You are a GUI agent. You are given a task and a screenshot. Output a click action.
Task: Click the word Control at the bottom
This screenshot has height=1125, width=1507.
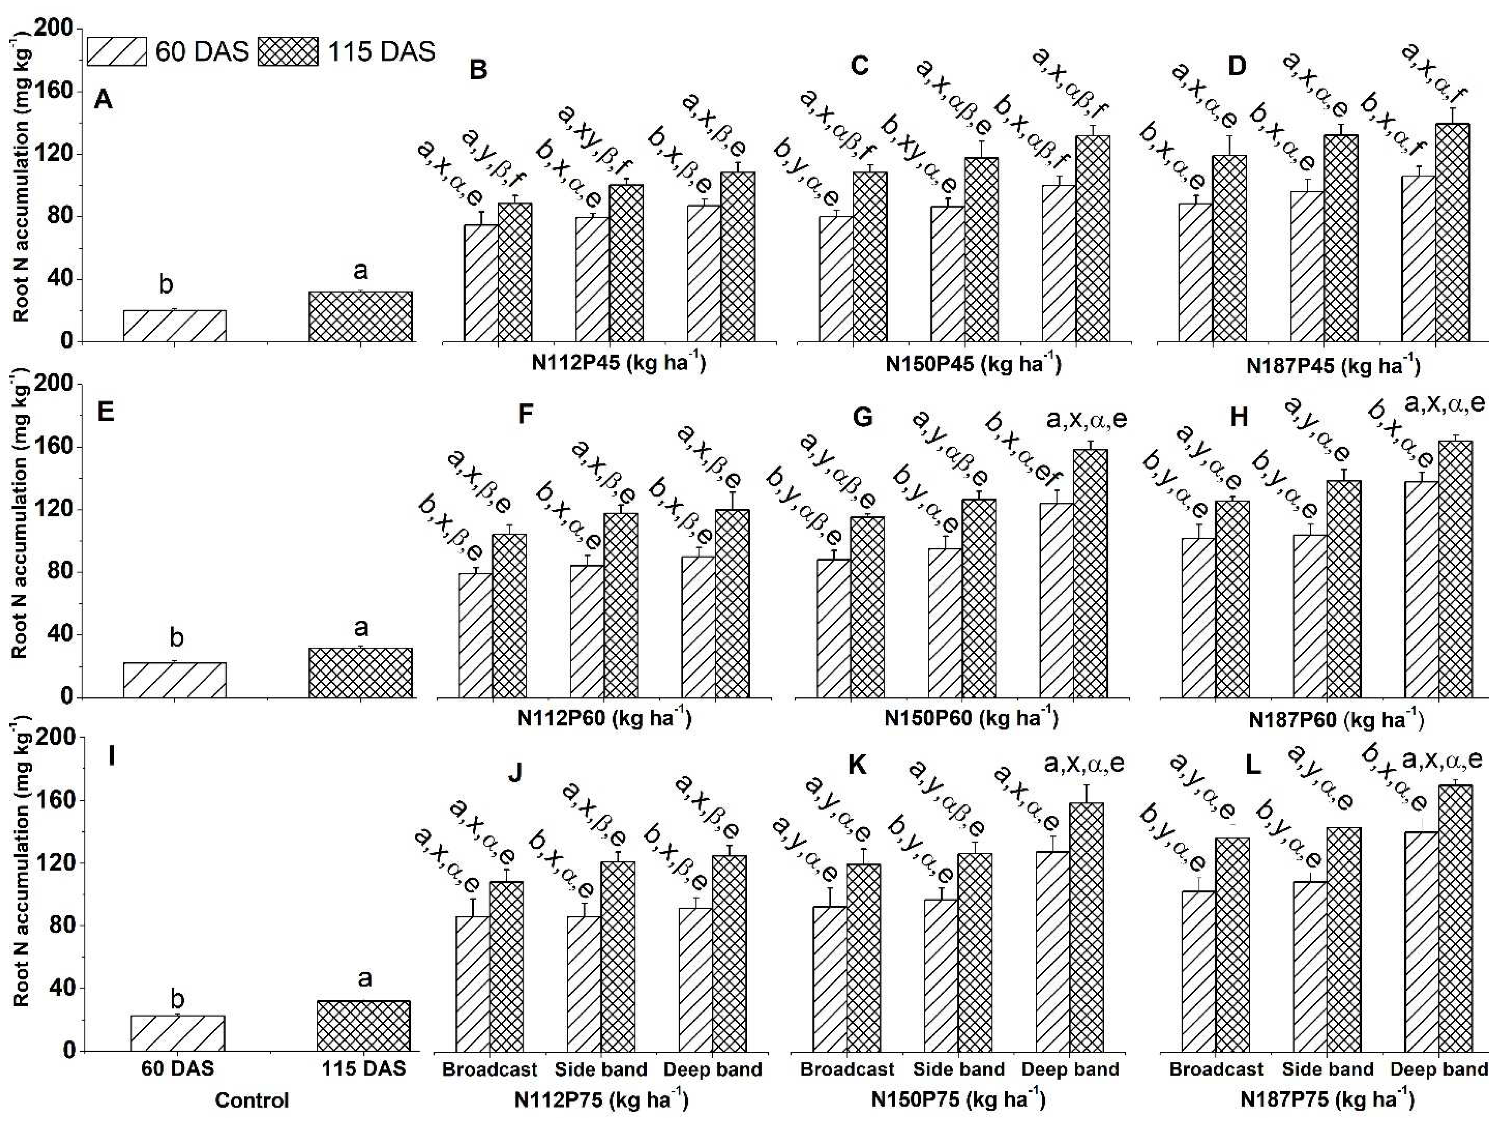tap(252, 1100)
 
